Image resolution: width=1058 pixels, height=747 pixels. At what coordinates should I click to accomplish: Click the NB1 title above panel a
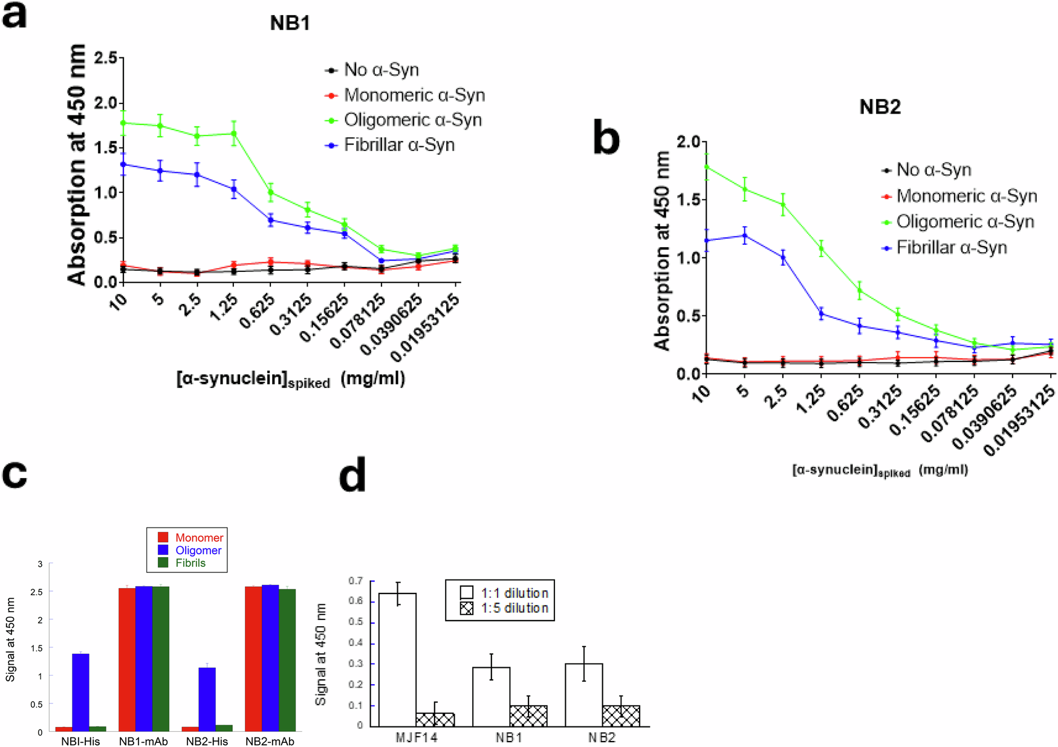(x=290, y=24)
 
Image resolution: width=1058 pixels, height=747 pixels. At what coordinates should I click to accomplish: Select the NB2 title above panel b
(x=880, y=107)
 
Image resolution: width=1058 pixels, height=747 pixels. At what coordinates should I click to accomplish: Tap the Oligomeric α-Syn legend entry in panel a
(x=412, y=120)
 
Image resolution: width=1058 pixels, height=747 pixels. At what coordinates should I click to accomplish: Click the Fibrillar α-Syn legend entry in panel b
(x=951, y=248)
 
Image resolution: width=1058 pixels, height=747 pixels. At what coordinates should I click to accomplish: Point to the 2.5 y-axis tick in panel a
(x=106, y=59)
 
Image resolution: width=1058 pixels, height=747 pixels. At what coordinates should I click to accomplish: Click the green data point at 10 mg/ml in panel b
(x=706, y=167)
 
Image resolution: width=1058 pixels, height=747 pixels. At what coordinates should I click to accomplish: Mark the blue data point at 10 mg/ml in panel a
(x=123, y=164)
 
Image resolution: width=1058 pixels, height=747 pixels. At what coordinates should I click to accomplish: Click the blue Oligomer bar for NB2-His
(x=207, y=699)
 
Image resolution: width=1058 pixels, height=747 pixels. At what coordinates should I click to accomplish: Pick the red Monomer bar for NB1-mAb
(x=127, y=659)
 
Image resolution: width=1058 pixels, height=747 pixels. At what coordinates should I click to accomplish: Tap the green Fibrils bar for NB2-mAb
(x=287, y=659)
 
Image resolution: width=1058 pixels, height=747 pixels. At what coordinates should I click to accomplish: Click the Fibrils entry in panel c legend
(x=190, y=563)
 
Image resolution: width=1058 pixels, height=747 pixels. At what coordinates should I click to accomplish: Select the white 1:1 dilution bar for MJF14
(x=397, y=659)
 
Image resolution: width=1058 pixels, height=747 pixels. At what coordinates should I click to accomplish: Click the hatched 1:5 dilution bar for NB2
(x=621, y=716)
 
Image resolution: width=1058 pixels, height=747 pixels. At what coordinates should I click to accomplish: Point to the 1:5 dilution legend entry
(x=514, y=609)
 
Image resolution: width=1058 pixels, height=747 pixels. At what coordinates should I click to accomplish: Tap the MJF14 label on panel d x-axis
(x=416, y=738)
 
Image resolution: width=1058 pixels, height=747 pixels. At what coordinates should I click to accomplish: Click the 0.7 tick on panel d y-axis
(x=355, y=581)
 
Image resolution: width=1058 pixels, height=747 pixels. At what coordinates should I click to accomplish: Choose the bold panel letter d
(x=352, y=476)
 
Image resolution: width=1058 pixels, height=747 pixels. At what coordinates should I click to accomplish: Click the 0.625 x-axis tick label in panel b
(x=845, y=404)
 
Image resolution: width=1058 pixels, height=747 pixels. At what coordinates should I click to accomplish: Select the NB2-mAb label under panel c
(x=270, y=742)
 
